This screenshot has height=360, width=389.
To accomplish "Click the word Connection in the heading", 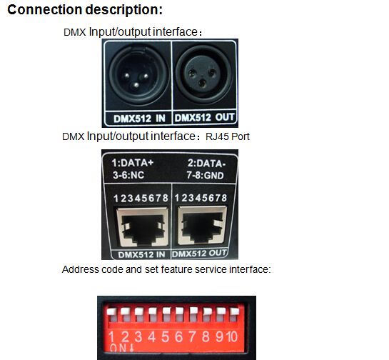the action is pos(45,10).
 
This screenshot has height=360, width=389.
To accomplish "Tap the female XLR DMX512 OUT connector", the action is pos(203,74).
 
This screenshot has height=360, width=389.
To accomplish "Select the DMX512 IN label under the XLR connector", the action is pos(139,119).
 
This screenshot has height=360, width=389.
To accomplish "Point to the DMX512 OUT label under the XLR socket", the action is pos(204,117).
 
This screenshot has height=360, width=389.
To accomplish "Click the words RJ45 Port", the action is pos(228,136).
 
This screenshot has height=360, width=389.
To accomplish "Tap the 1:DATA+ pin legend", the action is pos(133,163).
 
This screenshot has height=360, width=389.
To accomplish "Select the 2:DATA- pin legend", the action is pos(206,164).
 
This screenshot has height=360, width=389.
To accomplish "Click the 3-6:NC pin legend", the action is pos(128,175).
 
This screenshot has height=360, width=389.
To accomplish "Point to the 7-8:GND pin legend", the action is pos(205,175).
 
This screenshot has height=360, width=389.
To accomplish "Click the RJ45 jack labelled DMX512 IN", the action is pos(142,227).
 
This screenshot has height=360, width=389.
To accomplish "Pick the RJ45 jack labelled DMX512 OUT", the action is pos(202,225).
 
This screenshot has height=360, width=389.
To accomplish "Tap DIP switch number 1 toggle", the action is pos(111,314).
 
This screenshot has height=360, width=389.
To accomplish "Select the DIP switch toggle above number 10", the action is pos(234,314).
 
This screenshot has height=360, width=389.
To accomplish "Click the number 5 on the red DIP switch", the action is pos(165,336).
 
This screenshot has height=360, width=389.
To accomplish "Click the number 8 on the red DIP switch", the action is pos(206,336).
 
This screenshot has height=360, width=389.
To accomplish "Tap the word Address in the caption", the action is pos(80,269).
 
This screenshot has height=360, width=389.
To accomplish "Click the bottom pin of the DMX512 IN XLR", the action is pos(136,86).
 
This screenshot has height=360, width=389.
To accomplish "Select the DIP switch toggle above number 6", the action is pos(179,314).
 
